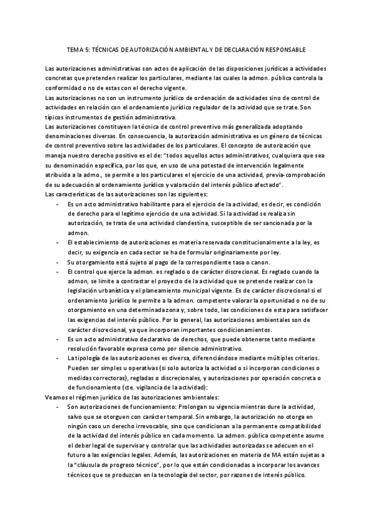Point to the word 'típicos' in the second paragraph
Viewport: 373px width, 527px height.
click(x=56, y=118)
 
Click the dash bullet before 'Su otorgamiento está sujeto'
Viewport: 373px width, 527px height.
click(x=57, y=262)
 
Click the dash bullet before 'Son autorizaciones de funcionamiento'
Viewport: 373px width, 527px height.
click(x=57, y=407)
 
